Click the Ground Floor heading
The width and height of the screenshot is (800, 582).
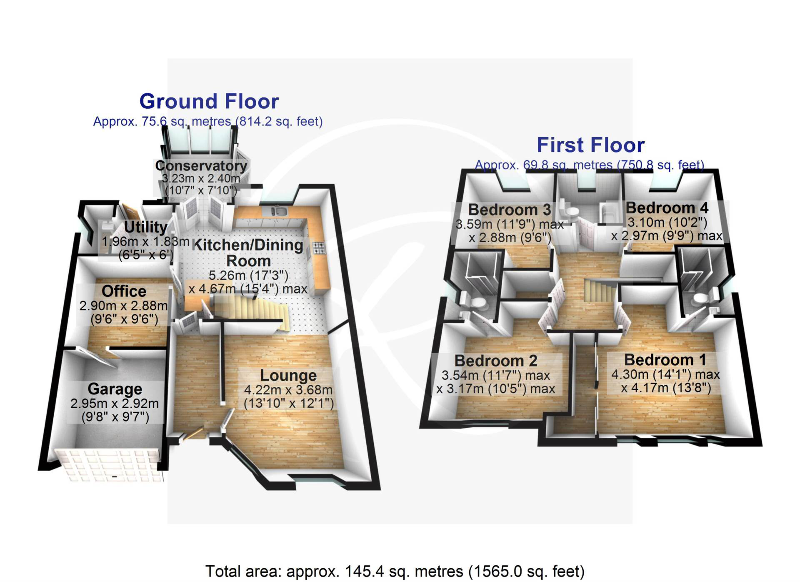click(x=209, y=101)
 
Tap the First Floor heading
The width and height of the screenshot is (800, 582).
click(x=590, y=145)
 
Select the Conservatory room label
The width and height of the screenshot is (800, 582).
click(x=201, y=166)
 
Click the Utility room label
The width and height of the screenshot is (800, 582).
click(x=146, y=227)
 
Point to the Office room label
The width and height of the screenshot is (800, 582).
click(x=124, y=291)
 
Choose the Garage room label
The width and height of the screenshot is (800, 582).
click(x=115, y=389)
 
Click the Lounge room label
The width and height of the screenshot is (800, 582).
click(x=288, y=376)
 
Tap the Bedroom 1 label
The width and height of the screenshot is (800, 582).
click(x=665, y=360)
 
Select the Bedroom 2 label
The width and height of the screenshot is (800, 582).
click(x=496, y=361)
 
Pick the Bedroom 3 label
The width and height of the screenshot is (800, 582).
click(x=510, y=209)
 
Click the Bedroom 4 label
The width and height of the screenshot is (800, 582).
click(x=667, y=208)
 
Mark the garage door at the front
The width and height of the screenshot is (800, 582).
click(x=108, y=466)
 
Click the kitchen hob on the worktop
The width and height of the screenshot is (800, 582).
click(x=319, y=248)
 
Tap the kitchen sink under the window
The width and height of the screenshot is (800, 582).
click(x=278, y=211)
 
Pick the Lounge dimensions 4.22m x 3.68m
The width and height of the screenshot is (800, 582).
click(x=288, y=390)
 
